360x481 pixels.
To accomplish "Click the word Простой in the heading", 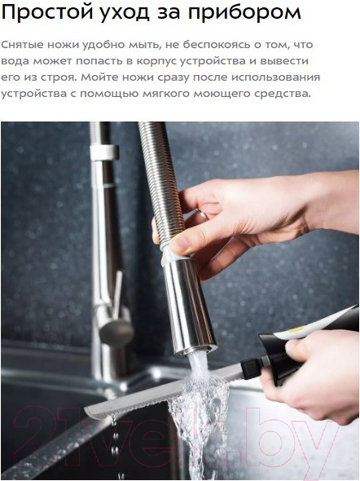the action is tap(47, 12).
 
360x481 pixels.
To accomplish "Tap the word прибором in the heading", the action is tap(244, 14).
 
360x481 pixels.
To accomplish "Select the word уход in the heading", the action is tap(124, 14).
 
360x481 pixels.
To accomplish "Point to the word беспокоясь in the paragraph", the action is tap(217, 45).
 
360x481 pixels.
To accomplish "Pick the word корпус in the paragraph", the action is tap(156, 61).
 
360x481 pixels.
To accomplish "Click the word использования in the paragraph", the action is tap(275, 77).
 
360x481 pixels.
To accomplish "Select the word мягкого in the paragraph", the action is tap(166, 94).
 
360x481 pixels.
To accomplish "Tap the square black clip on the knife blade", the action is tap(250, 366).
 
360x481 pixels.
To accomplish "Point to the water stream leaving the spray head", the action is tap(200, 411).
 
